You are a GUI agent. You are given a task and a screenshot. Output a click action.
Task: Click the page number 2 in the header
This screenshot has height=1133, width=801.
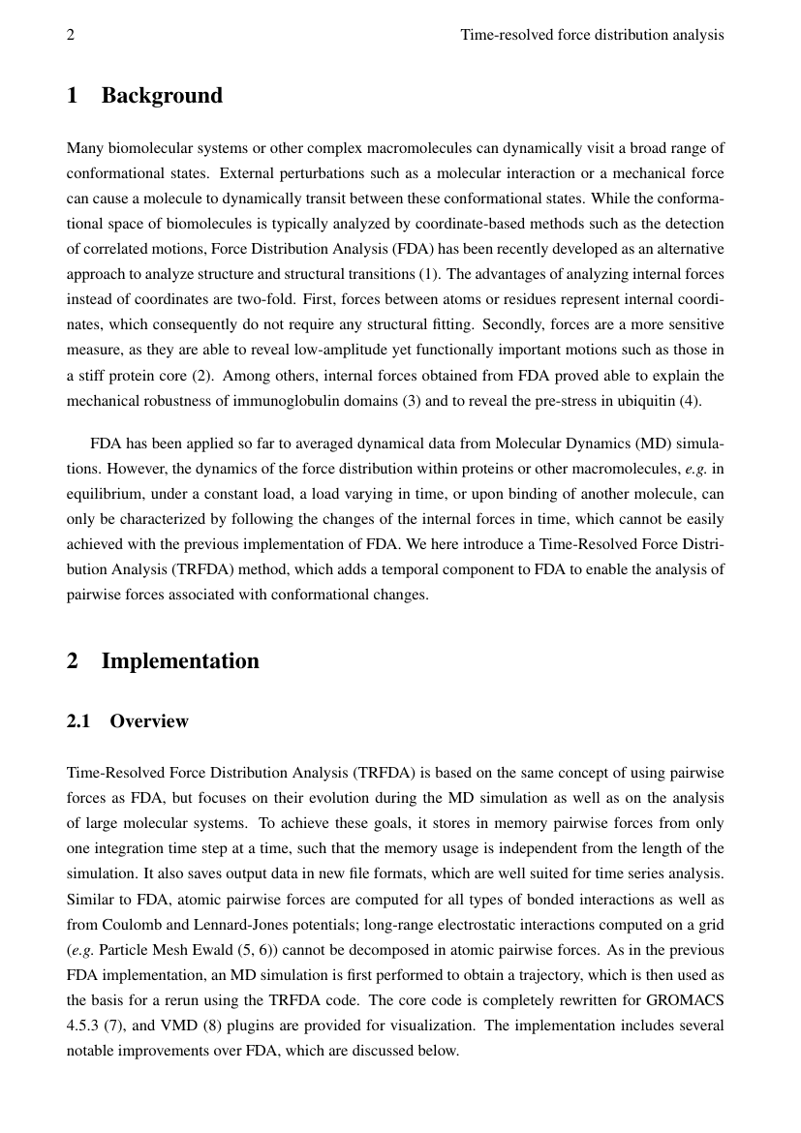coord(71,35)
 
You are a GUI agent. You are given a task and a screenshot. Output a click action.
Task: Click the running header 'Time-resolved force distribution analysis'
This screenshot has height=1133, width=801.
coord(592,35)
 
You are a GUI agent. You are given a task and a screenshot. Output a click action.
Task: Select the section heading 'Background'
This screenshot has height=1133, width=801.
coord(162,96)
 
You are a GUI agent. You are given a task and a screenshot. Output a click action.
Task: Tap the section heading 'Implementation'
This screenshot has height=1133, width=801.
coord(180,661)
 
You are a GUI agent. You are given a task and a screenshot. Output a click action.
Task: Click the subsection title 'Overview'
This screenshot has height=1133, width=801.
coord(149,721)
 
